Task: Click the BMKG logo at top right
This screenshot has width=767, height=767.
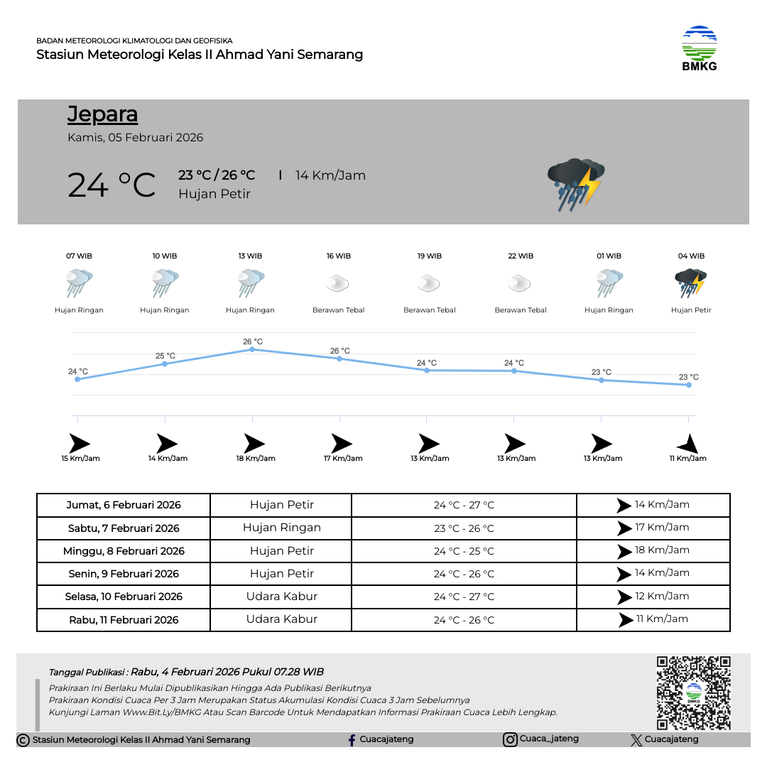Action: [x=700, y=48]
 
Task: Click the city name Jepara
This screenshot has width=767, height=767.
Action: [x=102, y=114]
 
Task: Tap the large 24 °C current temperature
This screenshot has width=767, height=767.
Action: [x=111, y=185]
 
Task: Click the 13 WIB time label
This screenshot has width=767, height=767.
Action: [x=250, y=256]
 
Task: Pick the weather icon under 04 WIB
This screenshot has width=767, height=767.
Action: [x=690, y=283]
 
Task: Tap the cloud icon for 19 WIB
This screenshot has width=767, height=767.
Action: [x=429, y=284]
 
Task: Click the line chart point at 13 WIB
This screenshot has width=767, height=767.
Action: [x=252, y=349]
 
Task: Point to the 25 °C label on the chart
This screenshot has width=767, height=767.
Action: [x=165, y=356]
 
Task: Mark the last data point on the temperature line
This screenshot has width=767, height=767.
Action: [x=688, y=385]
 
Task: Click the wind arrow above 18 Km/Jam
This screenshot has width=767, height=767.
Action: [x=254, y=444]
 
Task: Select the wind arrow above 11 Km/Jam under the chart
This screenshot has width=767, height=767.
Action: [x=687, y=445]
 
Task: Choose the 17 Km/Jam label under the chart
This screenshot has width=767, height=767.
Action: [x=343, y=459]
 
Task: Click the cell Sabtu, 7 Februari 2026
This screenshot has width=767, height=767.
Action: [x=124, y=528]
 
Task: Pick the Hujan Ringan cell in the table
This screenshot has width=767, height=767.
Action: [x=281, y=528]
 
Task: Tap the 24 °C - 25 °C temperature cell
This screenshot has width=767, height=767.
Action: [x=464, y=551]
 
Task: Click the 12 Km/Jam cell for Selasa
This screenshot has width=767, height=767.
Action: [x=653, y=597]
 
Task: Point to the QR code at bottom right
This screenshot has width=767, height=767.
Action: [x=693, y=693]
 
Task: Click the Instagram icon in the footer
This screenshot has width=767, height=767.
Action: [x=510, y=740]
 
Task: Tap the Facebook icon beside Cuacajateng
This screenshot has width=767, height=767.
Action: [x=352, y=740]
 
